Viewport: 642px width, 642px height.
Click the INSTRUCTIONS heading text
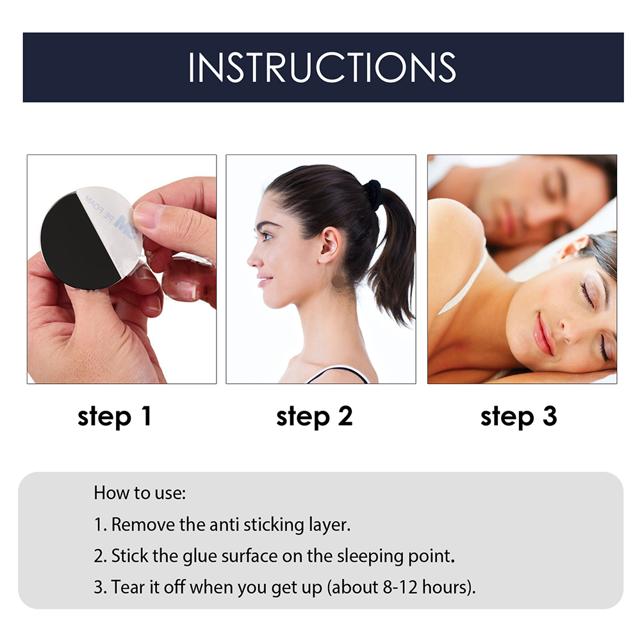[x=322, y=67]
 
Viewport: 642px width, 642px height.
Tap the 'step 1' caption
[x=115, y=416]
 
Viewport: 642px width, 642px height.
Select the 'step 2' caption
[x=315, y=416]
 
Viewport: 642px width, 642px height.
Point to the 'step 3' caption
[x=518, y=416]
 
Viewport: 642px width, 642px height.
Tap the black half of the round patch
[x=78, y=242]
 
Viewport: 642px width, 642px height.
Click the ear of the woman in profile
[x=329, y=245]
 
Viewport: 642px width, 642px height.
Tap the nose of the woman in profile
[x=252, y=258]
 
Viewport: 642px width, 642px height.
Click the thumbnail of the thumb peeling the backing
[x=148, y=212]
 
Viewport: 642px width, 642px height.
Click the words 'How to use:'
[x=140, y=493]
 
